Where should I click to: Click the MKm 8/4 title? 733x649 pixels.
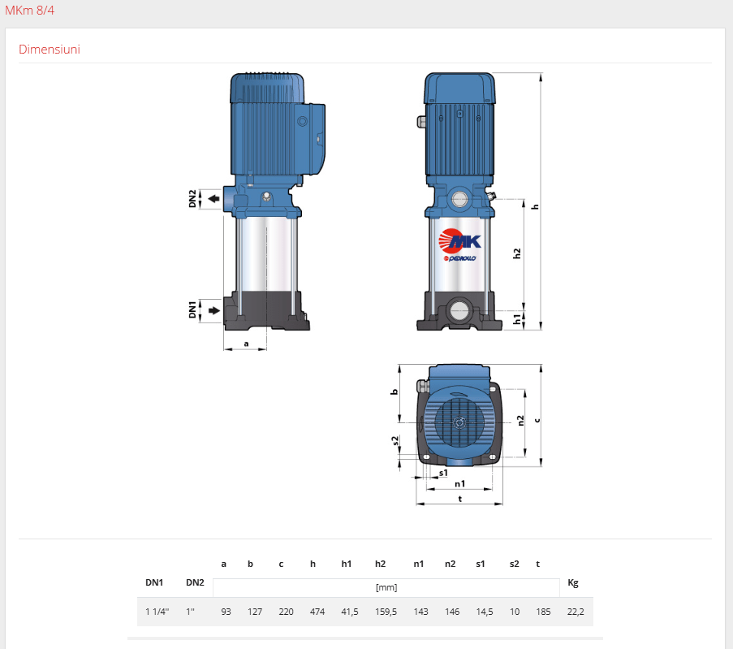click(29, 11)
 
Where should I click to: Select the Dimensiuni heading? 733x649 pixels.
click(49, 49)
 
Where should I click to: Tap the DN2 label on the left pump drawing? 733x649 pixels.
click(192, 199)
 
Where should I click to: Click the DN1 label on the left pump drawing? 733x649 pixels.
click(192, 309)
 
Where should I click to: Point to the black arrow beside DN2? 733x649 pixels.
click(213, 199)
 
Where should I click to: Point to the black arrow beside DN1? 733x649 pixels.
click(213, 310)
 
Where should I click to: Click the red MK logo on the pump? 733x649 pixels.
click(459, 241)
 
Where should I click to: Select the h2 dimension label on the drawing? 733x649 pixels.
click(516, 253)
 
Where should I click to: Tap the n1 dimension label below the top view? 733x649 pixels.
click(460, 483)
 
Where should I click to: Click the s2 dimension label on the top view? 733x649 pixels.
click(395, 441)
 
